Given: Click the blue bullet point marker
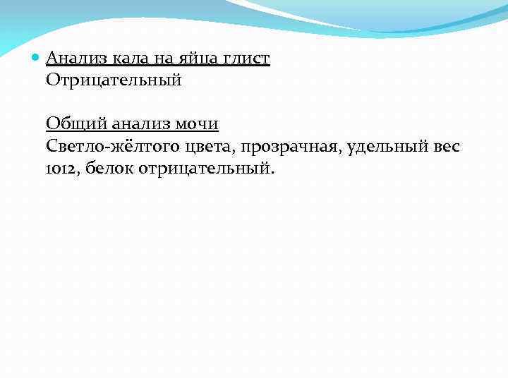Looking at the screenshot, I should pos(36,59).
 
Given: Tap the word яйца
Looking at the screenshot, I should pos(193,59).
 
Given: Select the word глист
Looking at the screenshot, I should pos(244,59).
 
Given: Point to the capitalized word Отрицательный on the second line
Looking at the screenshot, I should pos(114,80).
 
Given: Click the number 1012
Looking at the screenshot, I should pos(61,169).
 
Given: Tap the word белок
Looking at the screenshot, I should pos(109,169).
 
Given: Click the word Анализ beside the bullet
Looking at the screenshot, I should pos(73,59).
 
